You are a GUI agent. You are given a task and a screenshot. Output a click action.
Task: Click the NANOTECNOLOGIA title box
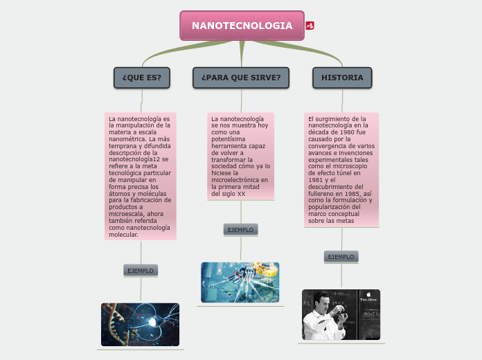coord(242,26)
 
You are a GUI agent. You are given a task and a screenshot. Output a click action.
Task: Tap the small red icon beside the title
coord(310,26)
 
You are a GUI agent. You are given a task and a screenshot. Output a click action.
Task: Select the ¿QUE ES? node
coord(142,78)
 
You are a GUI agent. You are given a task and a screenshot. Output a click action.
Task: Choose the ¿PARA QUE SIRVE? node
coord(241,78)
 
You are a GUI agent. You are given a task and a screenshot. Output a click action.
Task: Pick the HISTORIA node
coord(342,78)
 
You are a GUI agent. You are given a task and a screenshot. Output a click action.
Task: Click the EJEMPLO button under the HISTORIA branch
coord(341,257)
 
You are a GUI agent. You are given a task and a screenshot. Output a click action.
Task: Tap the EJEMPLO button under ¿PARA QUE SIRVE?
coord(241,229)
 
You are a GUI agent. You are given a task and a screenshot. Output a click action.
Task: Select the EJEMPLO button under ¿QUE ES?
coord(141,270)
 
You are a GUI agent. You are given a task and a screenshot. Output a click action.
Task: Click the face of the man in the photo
coord(323,302)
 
